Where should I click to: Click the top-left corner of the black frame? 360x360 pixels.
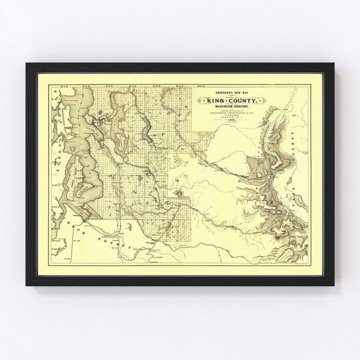pyautogui.click(x=27, y=65)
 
